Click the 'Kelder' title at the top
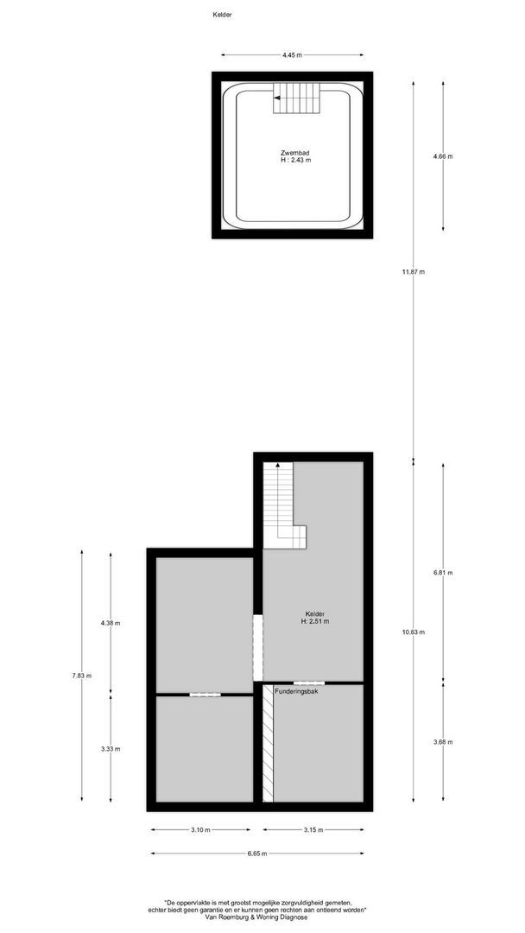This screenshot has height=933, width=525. click(x=222, y=15)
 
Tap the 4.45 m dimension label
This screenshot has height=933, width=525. click(x=293, y=55)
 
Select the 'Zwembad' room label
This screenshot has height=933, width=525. click(x=294, y=152)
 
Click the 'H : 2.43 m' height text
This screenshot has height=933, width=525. click(x=294, y=160)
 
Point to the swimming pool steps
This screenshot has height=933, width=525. click(x=297, y=98)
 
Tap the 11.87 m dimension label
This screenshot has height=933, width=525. click(x=414, y=272)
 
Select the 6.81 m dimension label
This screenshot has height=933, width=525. click(x=443, y=573)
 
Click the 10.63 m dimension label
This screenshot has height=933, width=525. click(x=414, y=632)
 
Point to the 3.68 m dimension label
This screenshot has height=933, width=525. click(x=443, y=742)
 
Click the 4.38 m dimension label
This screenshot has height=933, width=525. click(x=111, y=623)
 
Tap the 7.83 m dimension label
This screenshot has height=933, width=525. click(x=82, y=676)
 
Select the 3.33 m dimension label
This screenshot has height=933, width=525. click(x=111, y=748)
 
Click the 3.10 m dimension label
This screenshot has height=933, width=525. click(x=200, y=830)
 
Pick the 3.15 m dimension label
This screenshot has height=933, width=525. click(x=313, y=830)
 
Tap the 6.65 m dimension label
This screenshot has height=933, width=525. click(x=256, y=854)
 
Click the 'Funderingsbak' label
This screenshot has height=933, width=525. click(x=296, y=691)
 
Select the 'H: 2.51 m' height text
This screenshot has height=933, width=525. click(x=314, y=621)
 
